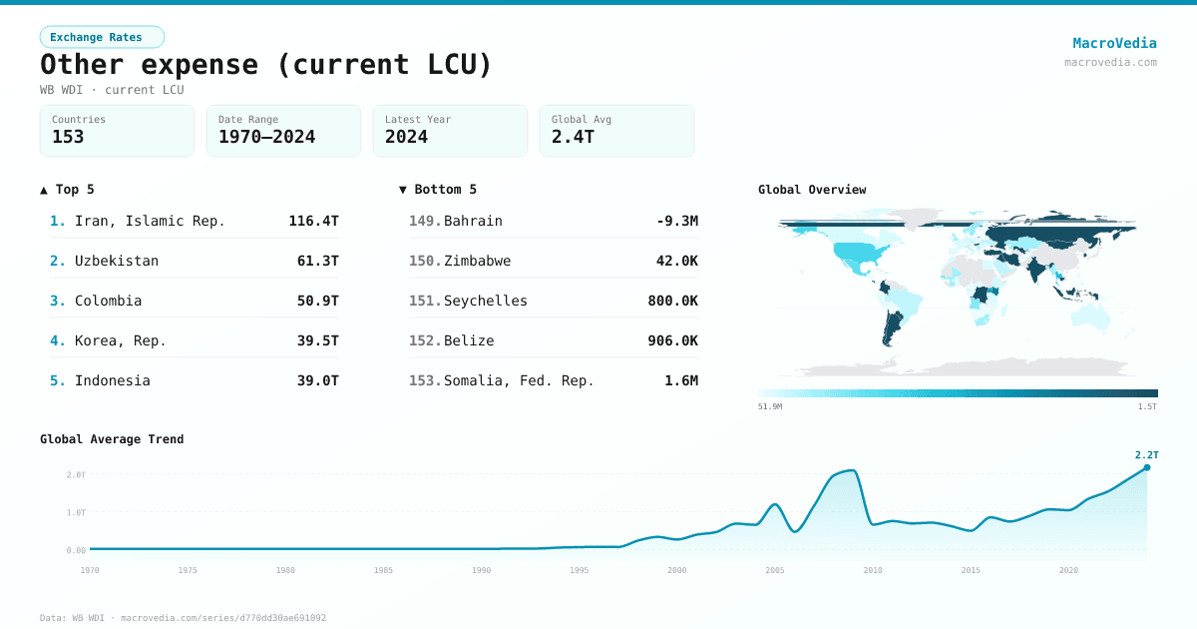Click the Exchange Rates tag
click(x=102, y=37)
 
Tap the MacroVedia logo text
click(x=1114, y=43)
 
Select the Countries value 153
click(x=68, y=137)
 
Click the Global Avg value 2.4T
click(x=573, y=137)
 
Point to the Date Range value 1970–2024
click(x=266, y=137)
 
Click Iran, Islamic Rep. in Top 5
click(x=150, y=221)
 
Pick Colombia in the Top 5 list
click(x=108, y=301)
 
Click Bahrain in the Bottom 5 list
click(x=473, y=221)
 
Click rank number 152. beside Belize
click(x=425, y=340)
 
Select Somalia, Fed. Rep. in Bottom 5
click(x=519, y=380)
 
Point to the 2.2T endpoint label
click(x=1146, y=455)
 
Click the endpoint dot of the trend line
click(x=1146, y=467)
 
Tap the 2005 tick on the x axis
click(x=775, y=570)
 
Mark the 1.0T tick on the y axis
click(x=76, y=512)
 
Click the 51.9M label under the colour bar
click(x=770, y=406)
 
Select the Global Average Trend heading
click(x=112, y=439)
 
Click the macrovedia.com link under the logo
click(x=1110, y=62)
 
